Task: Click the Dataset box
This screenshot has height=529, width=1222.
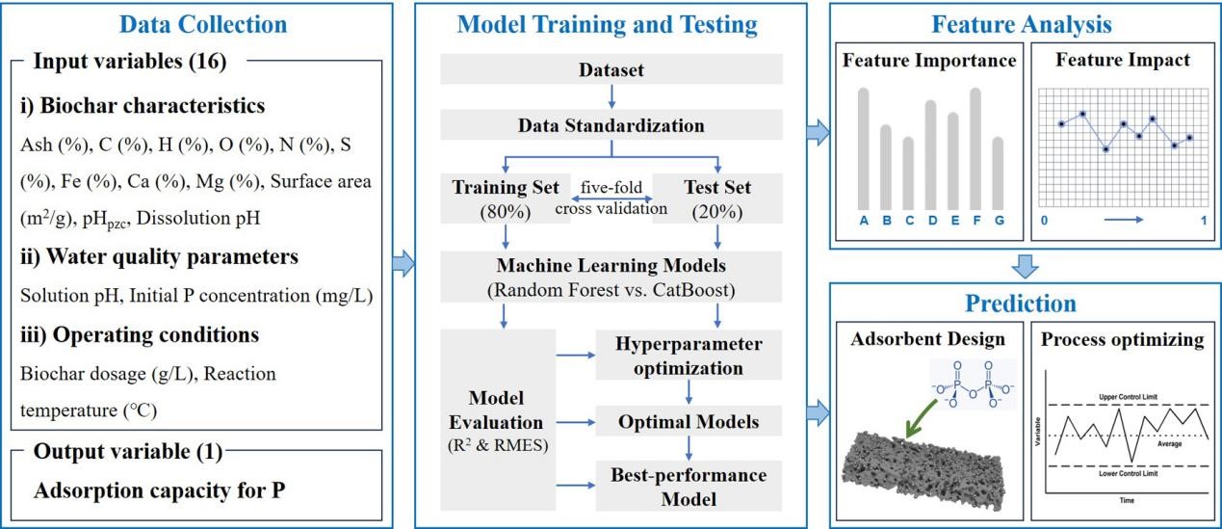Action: coord(611,70)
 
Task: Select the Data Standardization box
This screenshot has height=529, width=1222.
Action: coord(611,125)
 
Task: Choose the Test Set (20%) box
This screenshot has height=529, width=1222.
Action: coord(716,198)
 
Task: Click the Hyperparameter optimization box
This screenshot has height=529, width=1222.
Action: coord(688,356)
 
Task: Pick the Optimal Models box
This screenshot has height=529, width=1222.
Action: coord(688,421)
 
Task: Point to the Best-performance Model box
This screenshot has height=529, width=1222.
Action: coord(688,487)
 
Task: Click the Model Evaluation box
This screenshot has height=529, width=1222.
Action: coord(498,421)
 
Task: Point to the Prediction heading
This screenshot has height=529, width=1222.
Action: coord(1022,304)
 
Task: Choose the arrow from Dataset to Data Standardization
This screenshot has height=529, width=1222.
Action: coord(611,96)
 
